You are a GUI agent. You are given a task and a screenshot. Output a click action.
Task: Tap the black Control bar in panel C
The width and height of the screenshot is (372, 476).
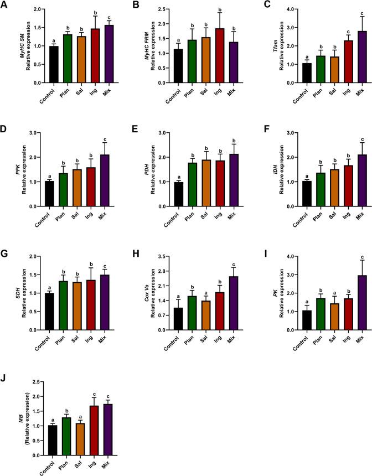[x=291, y=73]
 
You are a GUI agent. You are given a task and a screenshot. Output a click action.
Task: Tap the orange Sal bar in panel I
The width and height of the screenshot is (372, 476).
[x=321, y=309]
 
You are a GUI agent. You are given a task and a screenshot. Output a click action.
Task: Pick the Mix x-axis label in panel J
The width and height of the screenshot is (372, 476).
[x=106, y=463]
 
